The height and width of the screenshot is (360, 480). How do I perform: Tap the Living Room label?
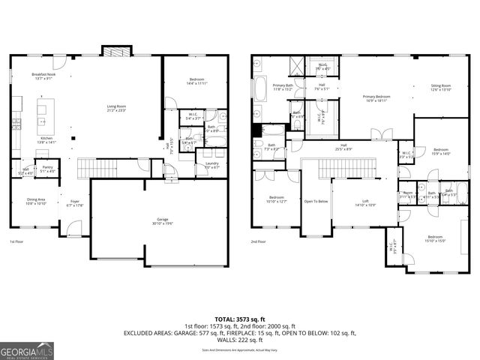116,108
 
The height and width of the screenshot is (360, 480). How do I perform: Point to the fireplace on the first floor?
115,51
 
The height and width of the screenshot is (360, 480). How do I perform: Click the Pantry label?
47,169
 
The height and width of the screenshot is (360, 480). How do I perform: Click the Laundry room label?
211,165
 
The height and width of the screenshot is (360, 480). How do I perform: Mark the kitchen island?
42,112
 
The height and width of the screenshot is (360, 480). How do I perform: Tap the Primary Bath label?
283,87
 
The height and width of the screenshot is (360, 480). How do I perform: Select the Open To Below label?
316,201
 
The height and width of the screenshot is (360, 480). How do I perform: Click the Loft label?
364,201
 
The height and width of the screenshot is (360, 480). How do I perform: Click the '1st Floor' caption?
16,242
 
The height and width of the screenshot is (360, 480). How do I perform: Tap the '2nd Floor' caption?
259,242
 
